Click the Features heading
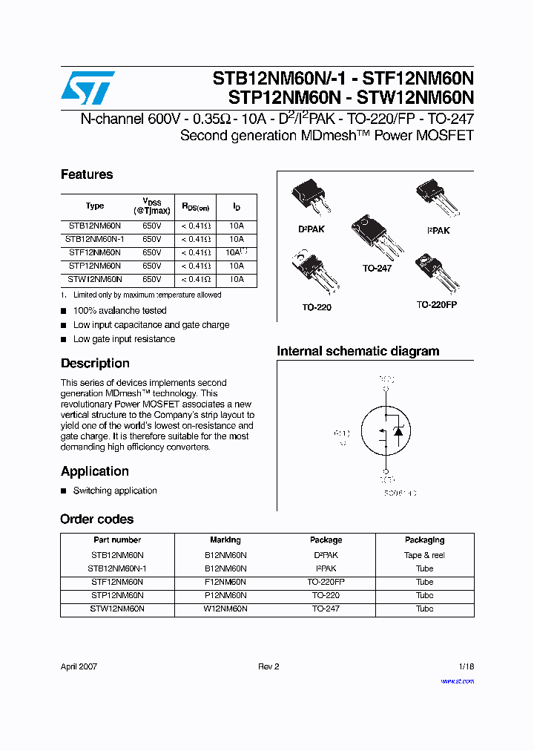coord(87,174)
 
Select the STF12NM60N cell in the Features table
coord(95,252)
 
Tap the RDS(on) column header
coord(196,207)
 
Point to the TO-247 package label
coord(377,268)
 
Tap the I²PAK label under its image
coord(438,231)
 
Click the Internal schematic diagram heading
coord(357,351)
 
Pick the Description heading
coord(95,364)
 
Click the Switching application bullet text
coord(115,491)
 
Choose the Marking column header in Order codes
coord(225,540)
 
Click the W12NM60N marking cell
coord(225,609)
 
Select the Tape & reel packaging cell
coord(424,555)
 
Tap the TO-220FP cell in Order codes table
coord(326,582)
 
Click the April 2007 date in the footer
coord(79,666)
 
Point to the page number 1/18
coord(465,666)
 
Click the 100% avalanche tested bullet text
coord(119,310)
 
